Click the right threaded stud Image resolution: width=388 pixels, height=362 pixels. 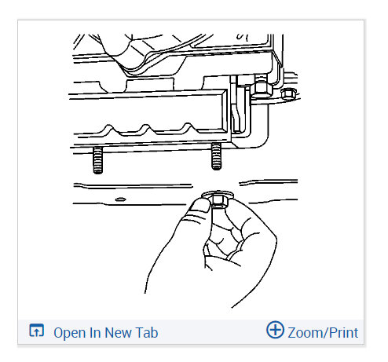click(x=215, y=159)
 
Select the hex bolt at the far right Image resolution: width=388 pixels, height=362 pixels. click(x=287, y=95)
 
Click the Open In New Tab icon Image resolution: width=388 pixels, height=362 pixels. click(x=36, y=331)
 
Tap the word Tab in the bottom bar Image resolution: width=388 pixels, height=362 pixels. click(x=147, y=332)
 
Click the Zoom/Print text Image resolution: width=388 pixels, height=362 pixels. click(x=323, y=332)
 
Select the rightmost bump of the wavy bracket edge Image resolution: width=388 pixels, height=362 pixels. click(x=189, y=128)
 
